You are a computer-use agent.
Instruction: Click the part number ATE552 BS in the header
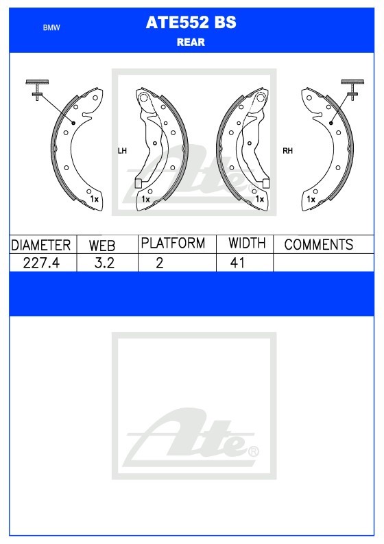click(x=191, y=23)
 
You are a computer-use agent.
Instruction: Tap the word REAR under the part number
click(x=191, y=43)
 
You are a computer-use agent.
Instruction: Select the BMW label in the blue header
click(x=51, y=27)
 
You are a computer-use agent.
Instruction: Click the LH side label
click(x=122, y=151)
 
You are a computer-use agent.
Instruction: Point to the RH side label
click(x=287, y=151)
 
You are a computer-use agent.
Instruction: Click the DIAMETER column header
click(x=41, y=246)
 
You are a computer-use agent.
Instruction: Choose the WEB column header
click(x=102, y=246)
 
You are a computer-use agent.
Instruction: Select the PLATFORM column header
click(x=173, y=244)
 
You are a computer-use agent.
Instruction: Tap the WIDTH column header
click(x=247, y=244)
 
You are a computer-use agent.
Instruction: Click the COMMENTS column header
click(x=318, y=245)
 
